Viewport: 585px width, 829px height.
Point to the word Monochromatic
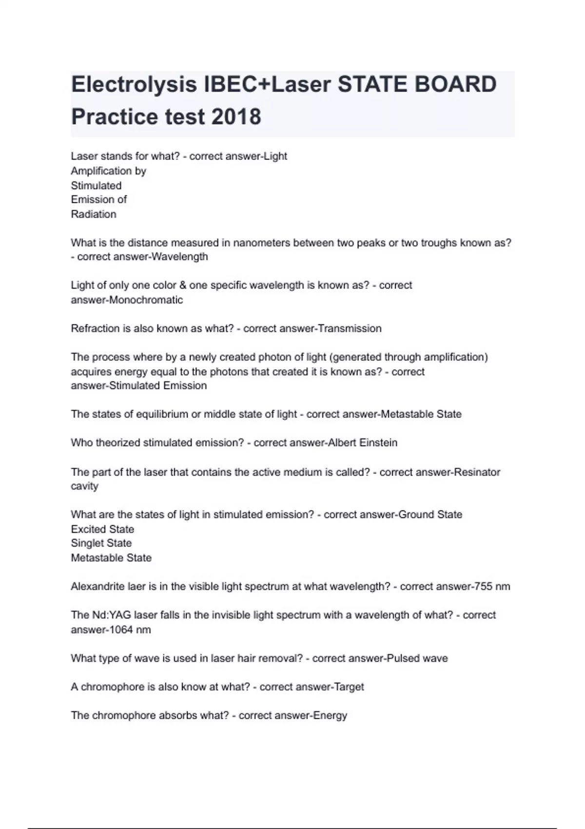[x=146, y=300]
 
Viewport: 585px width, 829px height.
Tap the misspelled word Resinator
[x=477, y=472]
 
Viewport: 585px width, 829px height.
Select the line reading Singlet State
[x=101, y=543]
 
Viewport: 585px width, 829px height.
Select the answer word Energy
[x=330, y=716]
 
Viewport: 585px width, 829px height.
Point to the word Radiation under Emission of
[x=93, y=215]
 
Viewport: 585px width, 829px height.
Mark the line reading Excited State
[x=102, y=529]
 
